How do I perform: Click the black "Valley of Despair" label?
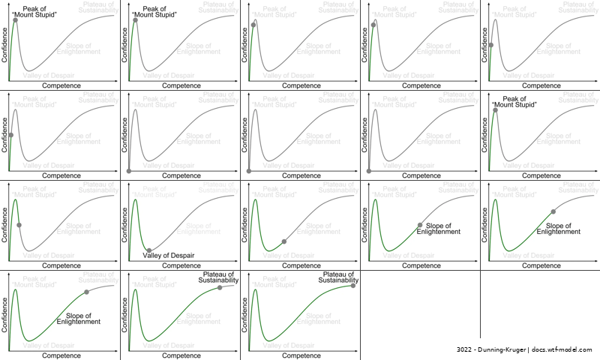coord(168,256)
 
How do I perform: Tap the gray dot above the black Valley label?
coord(149,250)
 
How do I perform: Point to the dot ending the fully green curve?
coord(352,285)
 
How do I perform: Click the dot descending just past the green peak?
coord(19,225)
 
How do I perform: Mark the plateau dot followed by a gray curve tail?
coord(220,287)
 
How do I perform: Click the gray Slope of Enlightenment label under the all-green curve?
coord(319,318)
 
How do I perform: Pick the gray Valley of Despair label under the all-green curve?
coord(289,346)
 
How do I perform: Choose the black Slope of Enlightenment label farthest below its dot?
coord(79,318)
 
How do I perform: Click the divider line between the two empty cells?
coord(480,307)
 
